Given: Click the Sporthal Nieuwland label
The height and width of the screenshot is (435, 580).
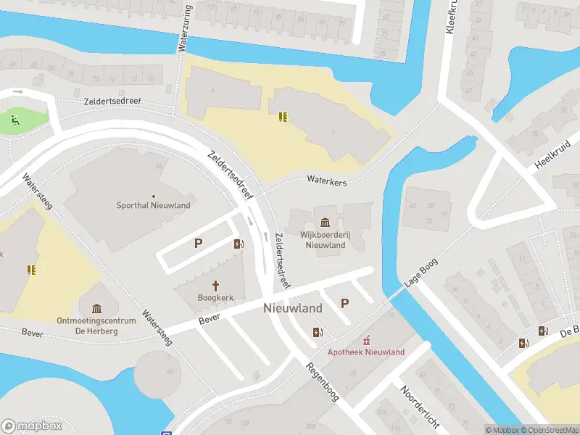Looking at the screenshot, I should [154, 205].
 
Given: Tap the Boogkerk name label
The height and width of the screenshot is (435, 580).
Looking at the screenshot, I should [215, 297].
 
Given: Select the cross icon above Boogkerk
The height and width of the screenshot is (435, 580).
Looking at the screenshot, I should [215, 285].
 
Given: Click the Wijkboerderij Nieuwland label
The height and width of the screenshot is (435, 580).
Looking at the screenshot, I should [323, 240].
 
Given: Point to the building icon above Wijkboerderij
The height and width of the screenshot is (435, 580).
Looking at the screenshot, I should [324, 222].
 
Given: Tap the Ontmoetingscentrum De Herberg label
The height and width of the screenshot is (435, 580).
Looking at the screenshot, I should [96, 326].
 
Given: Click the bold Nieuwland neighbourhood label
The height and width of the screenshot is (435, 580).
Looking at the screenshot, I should [293, 308].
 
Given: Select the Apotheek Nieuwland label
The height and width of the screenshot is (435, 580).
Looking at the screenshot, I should [366, 352].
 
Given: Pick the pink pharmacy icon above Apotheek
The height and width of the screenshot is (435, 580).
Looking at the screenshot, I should [367, 339].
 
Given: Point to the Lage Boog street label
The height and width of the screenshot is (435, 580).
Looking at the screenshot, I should [422, 272].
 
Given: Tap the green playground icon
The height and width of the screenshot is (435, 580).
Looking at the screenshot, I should [14, 119].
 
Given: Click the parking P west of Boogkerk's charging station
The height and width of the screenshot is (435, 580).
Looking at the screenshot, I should [198, 244].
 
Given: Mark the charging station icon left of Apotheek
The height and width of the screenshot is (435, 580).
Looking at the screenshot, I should [316, 333].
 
